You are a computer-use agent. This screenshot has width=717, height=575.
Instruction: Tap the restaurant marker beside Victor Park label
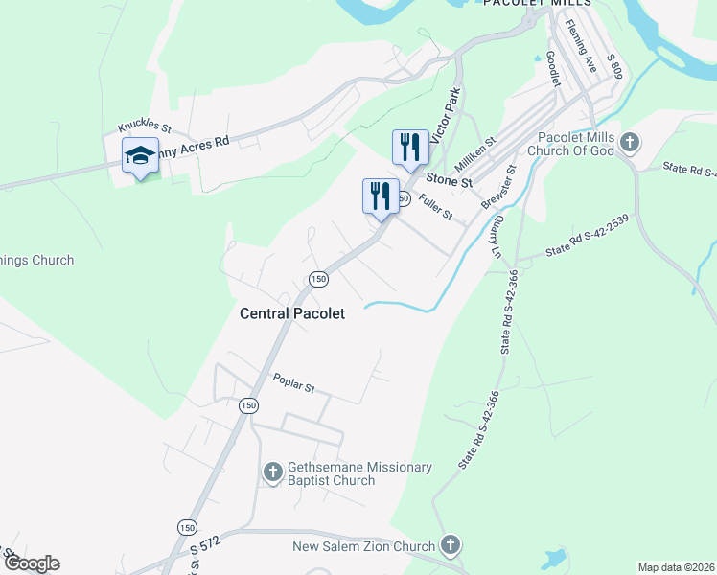(x=410, y=148)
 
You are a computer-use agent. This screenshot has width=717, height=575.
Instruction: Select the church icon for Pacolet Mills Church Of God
(x=630, y=144)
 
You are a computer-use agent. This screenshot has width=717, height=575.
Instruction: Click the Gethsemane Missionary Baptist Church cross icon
(x=272, y=471)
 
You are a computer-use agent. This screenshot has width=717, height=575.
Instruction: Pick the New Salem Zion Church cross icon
(x=450, y=546)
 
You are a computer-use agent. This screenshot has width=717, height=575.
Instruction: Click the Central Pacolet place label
(x=291, y=312)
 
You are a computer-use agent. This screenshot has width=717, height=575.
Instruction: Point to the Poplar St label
(x=293, y=386)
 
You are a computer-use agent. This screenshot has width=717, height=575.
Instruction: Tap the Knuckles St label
(x=144, y=126)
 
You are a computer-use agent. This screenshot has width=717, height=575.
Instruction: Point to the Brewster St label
(x=498, y=186)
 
